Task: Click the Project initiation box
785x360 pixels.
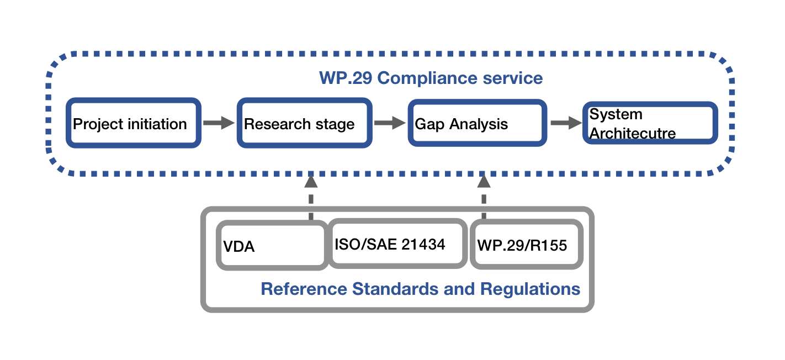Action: [x=133, y=123]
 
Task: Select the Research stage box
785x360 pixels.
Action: [x=304, y=123]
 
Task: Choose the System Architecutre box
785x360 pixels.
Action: [x=650, y=123]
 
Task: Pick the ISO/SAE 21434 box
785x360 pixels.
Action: [x=397, y=243]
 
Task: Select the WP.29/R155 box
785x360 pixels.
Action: [x=526, y=245]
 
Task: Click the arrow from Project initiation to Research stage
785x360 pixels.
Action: [x=219, y=123]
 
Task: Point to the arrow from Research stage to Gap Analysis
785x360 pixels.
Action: [x=390, y=123]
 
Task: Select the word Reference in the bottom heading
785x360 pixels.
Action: [x=304, y=289]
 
